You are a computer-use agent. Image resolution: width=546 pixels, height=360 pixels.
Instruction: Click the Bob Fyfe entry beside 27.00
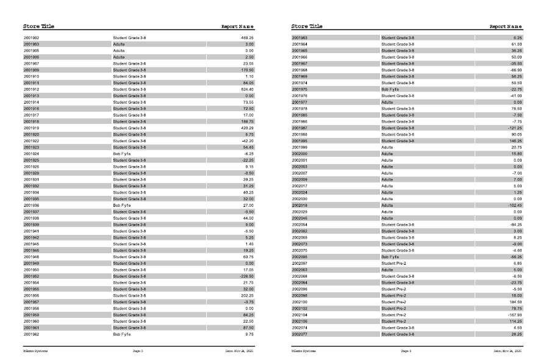122,206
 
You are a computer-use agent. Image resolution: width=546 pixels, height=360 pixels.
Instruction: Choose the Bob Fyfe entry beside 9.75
122,334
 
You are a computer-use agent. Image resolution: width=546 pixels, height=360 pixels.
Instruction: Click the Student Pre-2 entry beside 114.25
393,321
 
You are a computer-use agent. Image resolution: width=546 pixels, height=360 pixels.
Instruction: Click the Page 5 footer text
138,351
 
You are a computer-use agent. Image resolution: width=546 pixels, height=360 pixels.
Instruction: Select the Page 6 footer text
406,351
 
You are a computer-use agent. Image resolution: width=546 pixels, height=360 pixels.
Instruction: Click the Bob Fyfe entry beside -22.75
390,90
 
